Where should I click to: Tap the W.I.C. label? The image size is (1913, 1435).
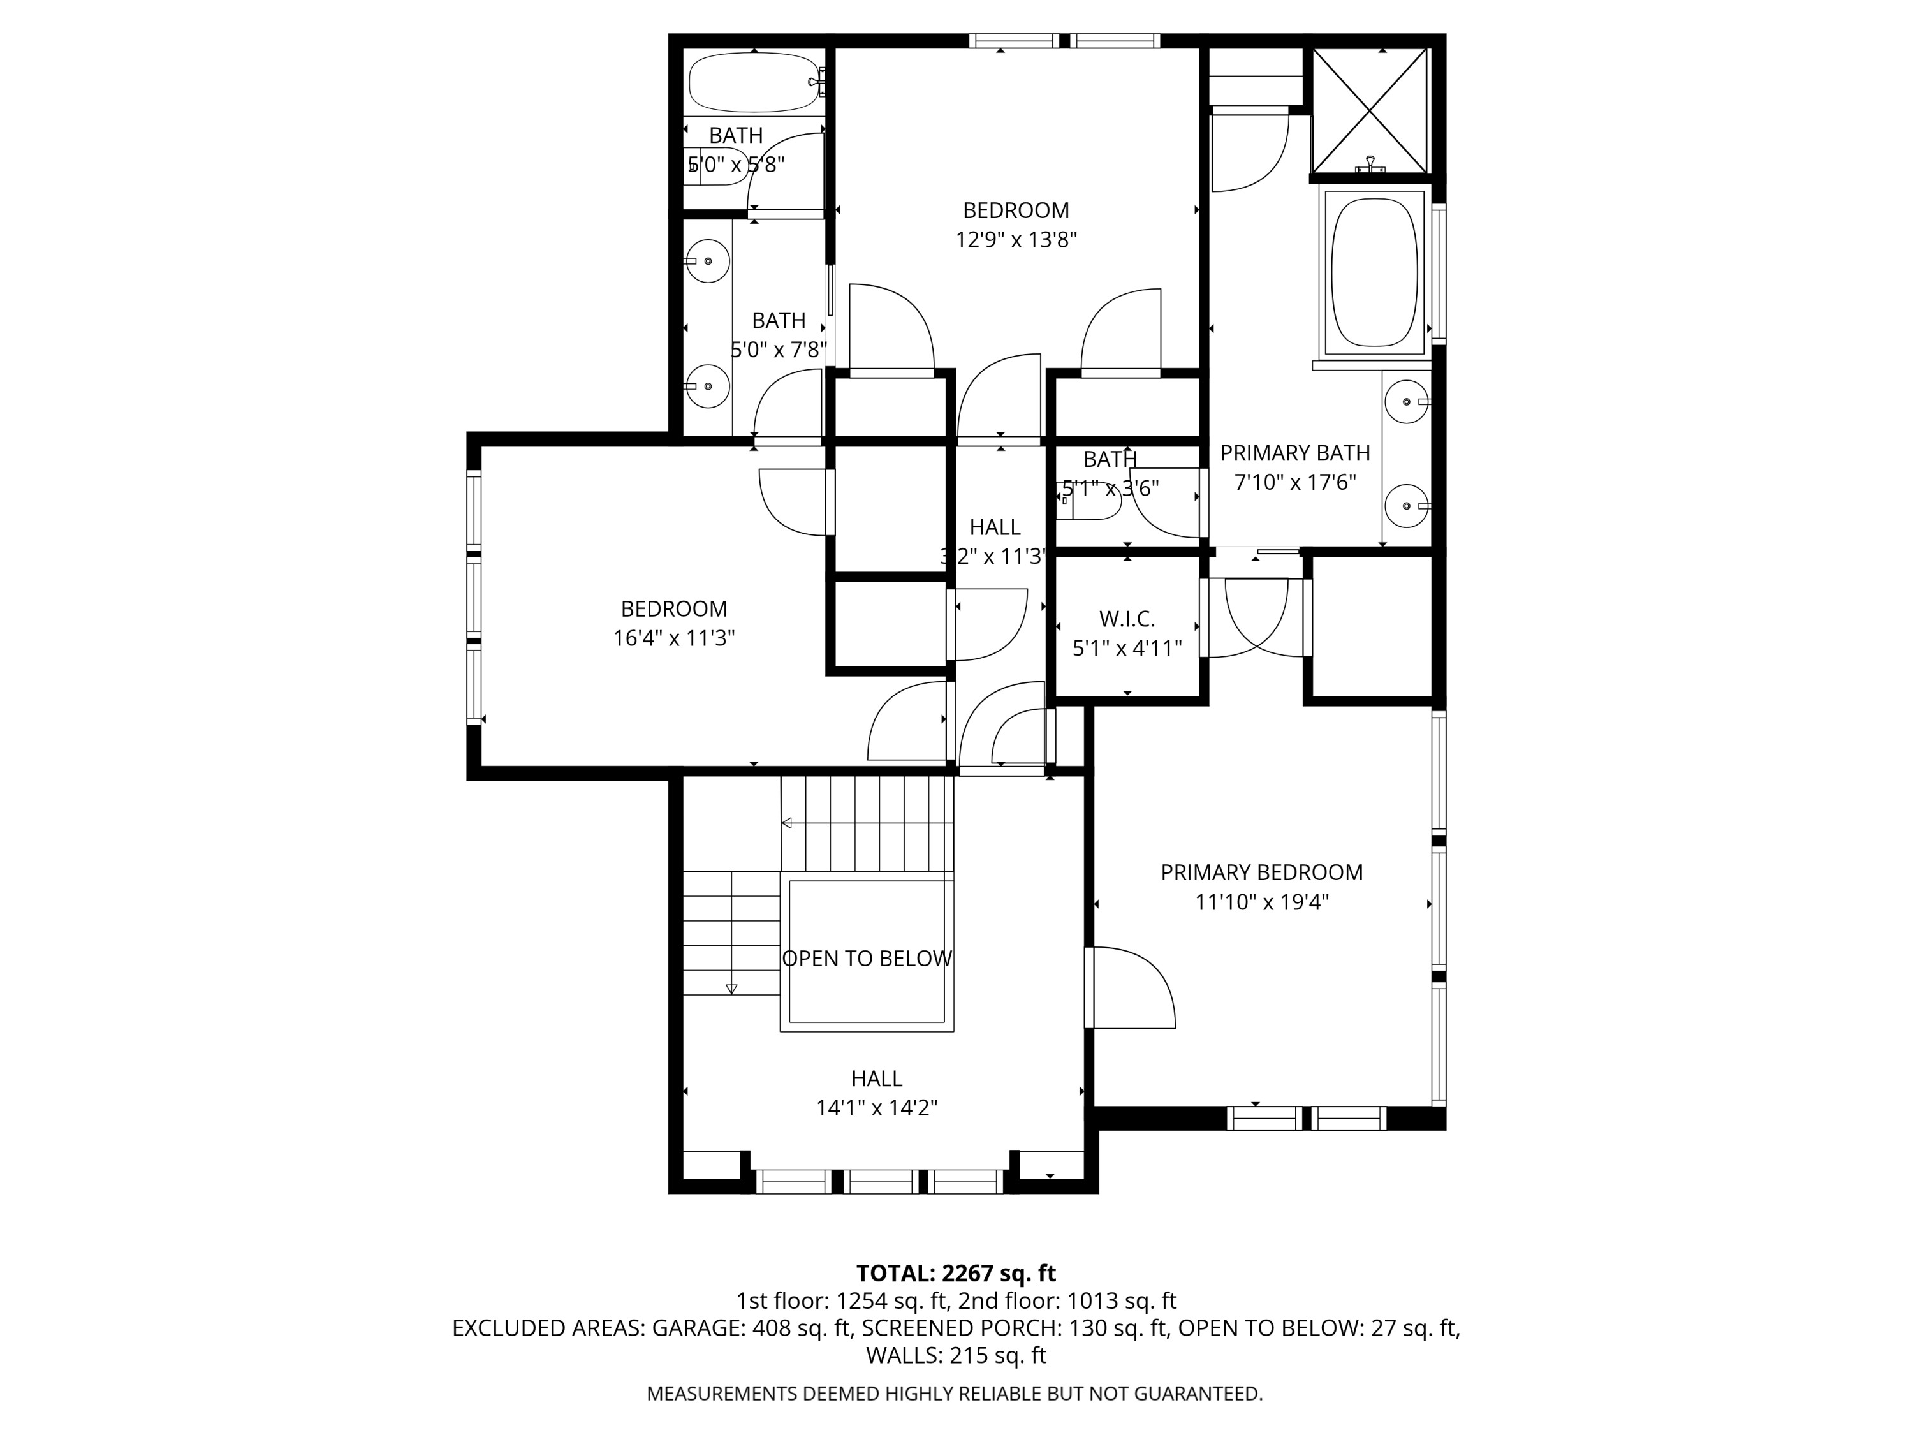1127,619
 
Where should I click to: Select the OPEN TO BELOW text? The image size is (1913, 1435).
867,959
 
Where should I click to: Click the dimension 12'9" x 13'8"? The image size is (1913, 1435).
1016,240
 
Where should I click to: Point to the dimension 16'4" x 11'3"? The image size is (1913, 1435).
674,639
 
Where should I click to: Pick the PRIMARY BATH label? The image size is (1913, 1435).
1294,453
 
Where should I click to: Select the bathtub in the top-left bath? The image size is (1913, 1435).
753,83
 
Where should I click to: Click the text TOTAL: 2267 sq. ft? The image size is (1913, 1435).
956,1273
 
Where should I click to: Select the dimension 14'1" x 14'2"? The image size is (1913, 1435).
877,1108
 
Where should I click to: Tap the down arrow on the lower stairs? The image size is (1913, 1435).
731,989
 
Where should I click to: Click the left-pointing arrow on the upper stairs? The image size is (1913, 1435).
787,823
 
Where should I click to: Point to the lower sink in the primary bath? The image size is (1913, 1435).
1406,505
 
